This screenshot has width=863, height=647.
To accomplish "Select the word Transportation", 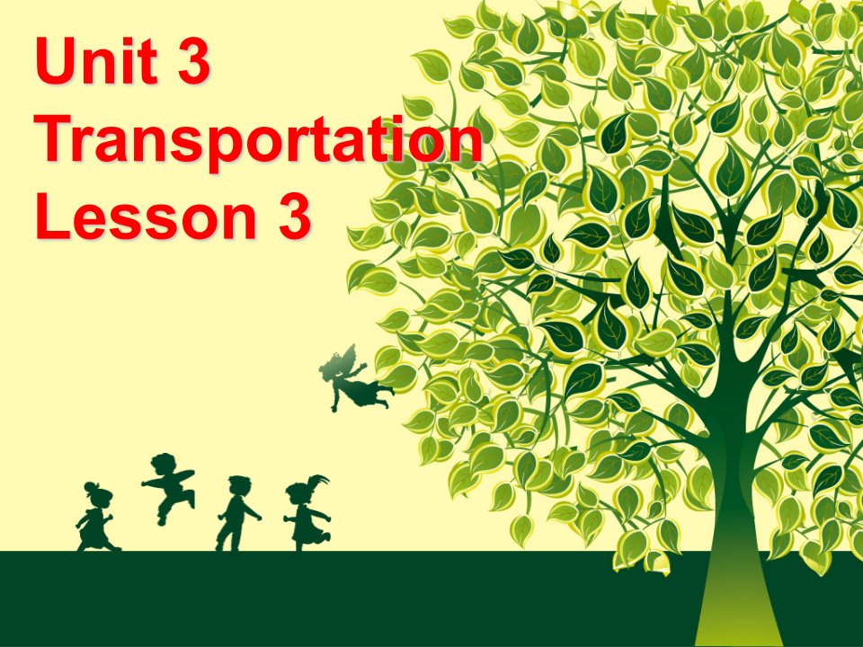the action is coord(258,139).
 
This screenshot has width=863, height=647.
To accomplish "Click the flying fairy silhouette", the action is coord(355,378).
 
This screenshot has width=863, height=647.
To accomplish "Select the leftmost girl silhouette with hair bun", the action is coord(96,517).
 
